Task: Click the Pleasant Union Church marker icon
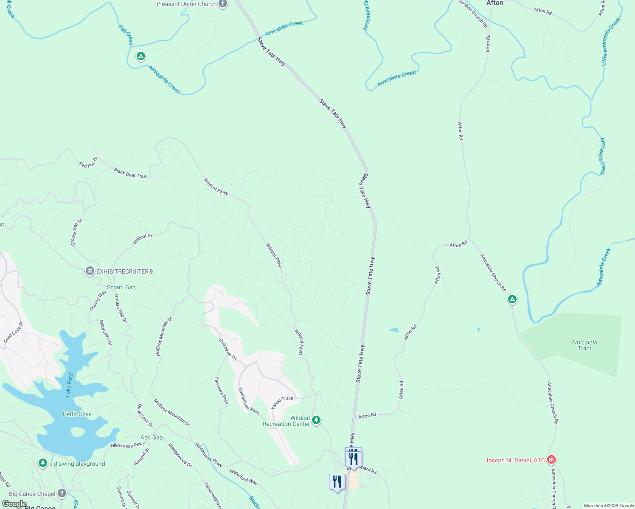[x=223, y=4]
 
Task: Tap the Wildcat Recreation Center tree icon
[x=316, y=420]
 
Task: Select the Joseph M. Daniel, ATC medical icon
[x=551, y=460]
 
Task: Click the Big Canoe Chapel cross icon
[x=62, y=493]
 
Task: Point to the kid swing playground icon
[x=42, y=463]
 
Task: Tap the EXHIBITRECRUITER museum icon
[x=90, y=271]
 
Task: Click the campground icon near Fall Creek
[x=141, y=56]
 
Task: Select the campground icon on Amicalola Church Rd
[x=512, y=300]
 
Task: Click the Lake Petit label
[x=69, y=385]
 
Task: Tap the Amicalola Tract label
[x=584, y=345]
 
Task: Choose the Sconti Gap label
[x=121, y=287]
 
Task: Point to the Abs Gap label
[x=152, y=437]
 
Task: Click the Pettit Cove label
[x=77, y=414]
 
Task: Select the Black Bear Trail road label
[x=130, y=173]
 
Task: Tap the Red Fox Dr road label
[x=88, y=162]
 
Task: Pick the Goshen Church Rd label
[x=473, y=14]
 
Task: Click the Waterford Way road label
[x=244, y=477]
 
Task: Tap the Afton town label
[x=495, y=3]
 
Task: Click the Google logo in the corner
[x=14, y=503]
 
